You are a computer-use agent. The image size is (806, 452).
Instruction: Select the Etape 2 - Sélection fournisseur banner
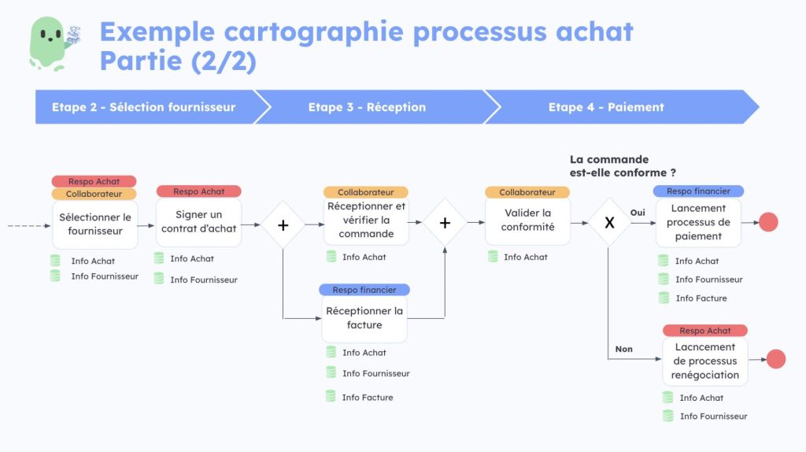pyautogui.click(x=144, y=107)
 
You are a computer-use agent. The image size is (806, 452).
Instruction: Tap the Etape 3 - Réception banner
pyautogui.click(x=367, y=107)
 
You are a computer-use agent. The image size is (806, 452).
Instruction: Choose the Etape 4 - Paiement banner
pyautogui.click(x=606, y=107)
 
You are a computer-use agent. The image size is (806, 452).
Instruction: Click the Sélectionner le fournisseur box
pyautogui.click(x=95, y=224)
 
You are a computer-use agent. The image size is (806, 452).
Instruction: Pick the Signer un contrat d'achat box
pyautogui.click(x=198, y=222)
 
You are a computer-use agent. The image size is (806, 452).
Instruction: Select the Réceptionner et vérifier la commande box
pyautogui.click(x=366, y=220)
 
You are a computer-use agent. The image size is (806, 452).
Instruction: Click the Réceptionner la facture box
pyautogui.click(x=364, y=318)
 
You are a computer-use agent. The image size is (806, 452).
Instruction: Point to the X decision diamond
pyautogui.click(x=608, y=223)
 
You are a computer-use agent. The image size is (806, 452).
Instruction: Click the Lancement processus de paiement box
pyautogui.click(x=698, y=222)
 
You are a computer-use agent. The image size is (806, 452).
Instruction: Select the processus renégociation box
pyautogui.click(x=704, y=361)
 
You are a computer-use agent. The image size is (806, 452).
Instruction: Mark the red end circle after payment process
pyautogui.click(x=768, y=222)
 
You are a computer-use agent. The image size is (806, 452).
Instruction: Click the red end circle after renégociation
pyautogui.click(x=776, y=359)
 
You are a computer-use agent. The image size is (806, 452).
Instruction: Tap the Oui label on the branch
pyautogui.click(x=638, y=213)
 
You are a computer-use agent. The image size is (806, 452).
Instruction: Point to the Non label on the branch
pyautogui.click(x=623, y=349)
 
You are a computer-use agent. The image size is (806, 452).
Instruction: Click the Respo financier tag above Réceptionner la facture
pyautogui.click(x=364, y=290)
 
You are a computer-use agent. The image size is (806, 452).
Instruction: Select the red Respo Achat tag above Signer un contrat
pyautogui.click(x=199, y=191)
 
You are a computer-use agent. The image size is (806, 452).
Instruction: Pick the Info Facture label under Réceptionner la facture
pyautogui.click(x=367, y=398)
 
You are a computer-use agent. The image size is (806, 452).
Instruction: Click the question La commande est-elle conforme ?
pyautogui.click(x=623, y=166)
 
